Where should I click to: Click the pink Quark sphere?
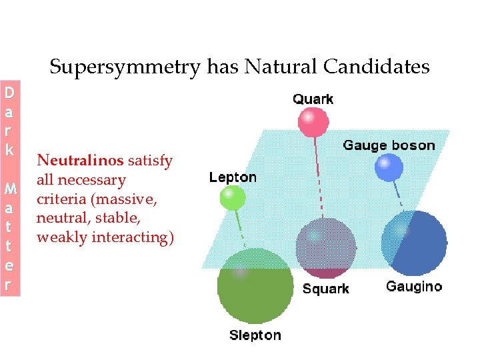click(313, 122)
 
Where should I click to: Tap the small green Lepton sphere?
click(232, 197)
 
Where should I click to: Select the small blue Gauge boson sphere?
click(389, 168)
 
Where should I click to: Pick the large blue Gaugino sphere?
click(415, 243)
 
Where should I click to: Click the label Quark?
click(313, 99)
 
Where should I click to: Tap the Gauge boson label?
click(388, 145)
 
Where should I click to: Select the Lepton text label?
click(233, 177)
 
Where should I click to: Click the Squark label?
click(325, 289)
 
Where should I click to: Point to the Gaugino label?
click(413, 287)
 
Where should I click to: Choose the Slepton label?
click(255, 335)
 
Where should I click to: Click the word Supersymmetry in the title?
click(125, 67)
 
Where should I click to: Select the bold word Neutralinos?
click(80, 161)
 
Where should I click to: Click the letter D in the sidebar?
click(9, 92)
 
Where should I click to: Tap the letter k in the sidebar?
click(9, 149)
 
